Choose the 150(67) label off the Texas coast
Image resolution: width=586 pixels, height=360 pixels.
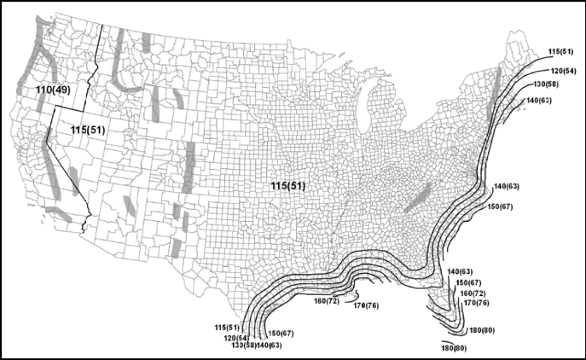281,332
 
